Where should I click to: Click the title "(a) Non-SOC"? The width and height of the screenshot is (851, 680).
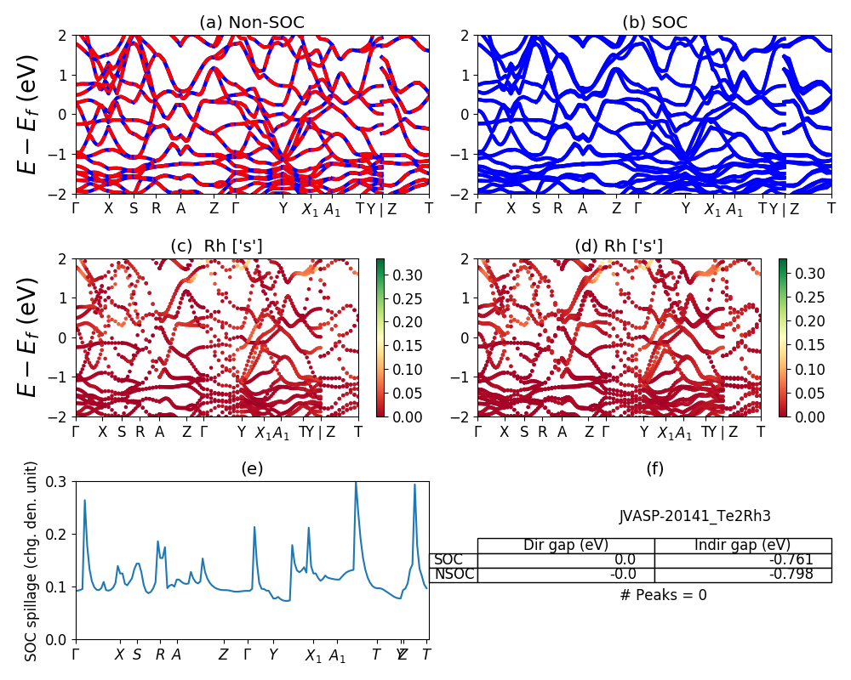[252, 23]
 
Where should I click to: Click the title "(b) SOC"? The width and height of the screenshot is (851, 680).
[654, 23]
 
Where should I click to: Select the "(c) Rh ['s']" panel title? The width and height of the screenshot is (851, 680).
[216, 246]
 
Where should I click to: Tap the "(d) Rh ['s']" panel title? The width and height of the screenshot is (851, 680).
[619, 246]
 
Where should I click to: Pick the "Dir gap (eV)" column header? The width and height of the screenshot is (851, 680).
[566, 546]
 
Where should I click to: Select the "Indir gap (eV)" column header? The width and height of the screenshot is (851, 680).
[742, 546]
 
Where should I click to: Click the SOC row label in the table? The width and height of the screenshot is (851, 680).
[448, 559]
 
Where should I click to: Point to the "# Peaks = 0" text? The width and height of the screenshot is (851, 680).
[663, 595]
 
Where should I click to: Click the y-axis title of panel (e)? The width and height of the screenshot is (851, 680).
[31, 560]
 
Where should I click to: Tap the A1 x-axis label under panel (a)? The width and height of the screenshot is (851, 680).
[332, 210]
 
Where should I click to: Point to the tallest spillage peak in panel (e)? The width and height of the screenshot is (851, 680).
[356, 483]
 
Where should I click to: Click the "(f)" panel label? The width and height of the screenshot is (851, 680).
[654, 468]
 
